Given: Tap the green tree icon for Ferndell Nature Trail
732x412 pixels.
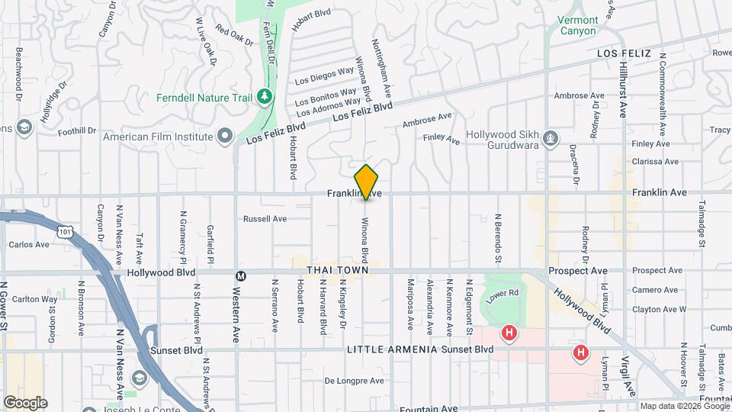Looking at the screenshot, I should pyautogui.click(x=264, y=97).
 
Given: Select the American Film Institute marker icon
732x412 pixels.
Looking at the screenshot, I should pyautogui.click(x=224, y=137).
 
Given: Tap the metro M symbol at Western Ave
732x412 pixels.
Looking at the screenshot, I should pyautogui.click(x=241, y=275).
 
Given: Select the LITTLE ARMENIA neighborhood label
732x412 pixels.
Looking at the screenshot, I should pyautogui.click(x=392, y=349).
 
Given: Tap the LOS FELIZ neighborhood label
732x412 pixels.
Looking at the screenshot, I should pyautogui.click(x=624, y=53).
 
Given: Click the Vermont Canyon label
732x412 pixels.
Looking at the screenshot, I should pyautogui.click(x=579, y=25).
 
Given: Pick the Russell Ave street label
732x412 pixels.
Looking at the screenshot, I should pyautogui.click(x=265, y=219).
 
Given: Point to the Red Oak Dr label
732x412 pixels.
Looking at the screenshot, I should pyautogui.click(x=233, y=36).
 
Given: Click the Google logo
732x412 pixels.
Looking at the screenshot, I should pyautogui.click(x=24, y=403).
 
